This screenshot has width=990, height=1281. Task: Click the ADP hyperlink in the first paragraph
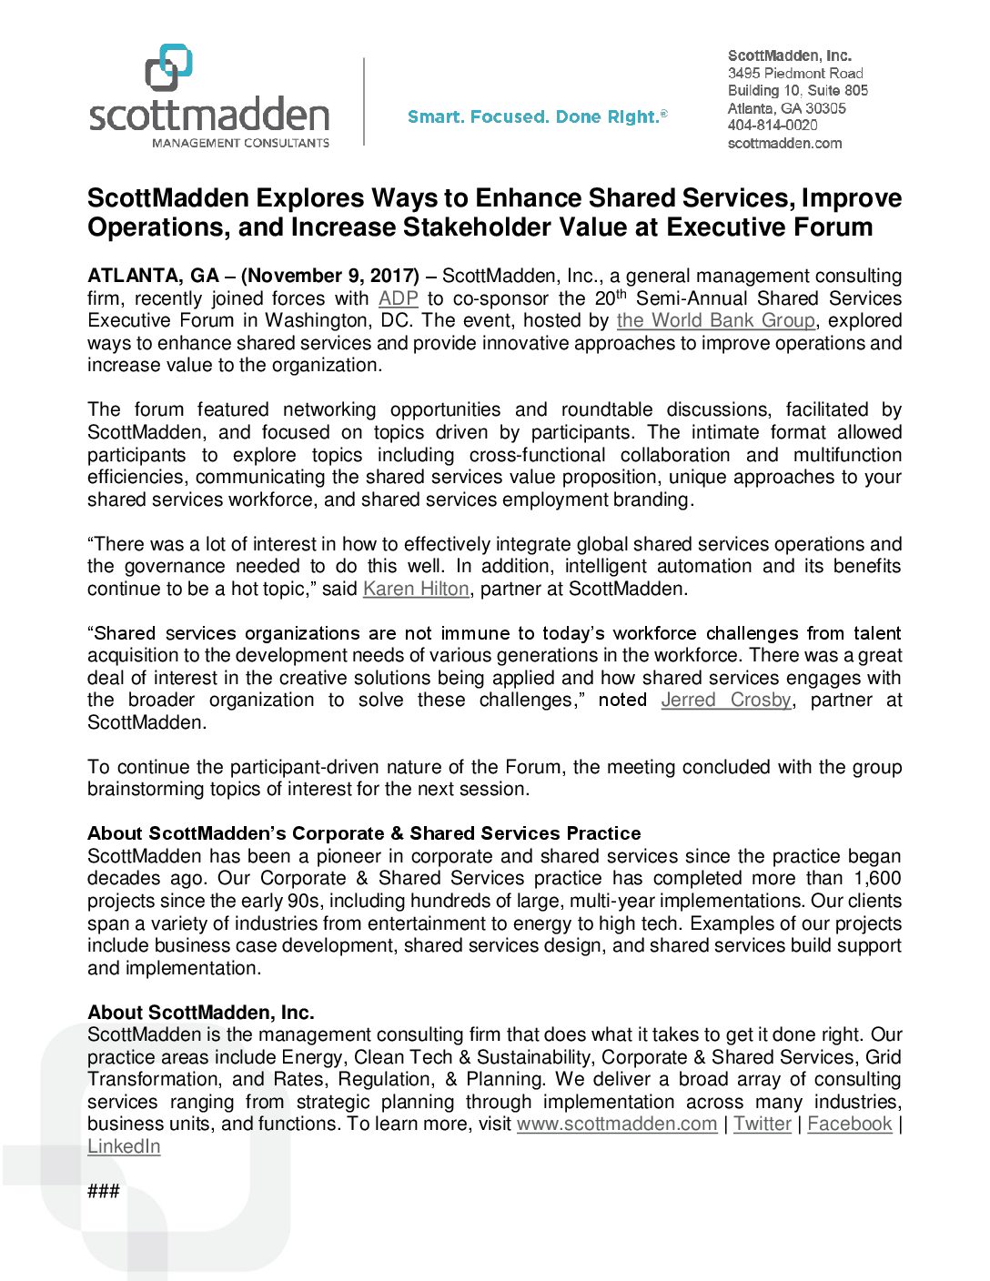398,298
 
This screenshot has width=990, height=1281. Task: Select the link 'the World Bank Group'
715,320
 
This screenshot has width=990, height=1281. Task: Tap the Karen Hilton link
416,589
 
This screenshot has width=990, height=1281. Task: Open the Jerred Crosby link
726,700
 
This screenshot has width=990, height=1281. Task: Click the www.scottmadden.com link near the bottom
617,1124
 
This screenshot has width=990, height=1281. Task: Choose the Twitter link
763,1124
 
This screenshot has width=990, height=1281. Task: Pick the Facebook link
850,1124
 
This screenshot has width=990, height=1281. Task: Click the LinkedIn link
124,1146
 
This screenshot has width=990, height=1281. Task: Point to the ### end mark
104,1191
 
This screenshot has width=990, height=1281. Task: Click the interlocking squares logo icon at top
169,67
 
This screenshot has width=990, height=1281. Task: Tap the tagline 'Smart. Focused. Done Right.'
537,116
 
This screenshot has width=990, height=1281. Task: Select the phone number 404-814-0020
773,126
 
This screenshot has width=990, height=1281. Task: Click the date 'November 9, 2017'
330,276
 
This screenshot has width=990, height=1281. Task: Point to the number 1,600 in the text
877,878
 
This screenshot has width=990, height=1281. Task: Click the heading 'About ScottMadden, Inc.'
201,1013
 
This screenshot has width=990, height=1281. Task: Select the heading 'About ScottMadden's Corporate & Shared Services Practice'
364,833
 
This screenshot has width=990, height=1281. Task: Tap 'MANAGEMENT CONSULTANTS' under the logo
240,143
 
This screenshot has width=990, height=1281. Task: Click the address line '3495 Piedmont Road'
795,73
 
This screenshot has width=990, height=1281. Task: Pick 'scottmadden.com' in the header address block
784,143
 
